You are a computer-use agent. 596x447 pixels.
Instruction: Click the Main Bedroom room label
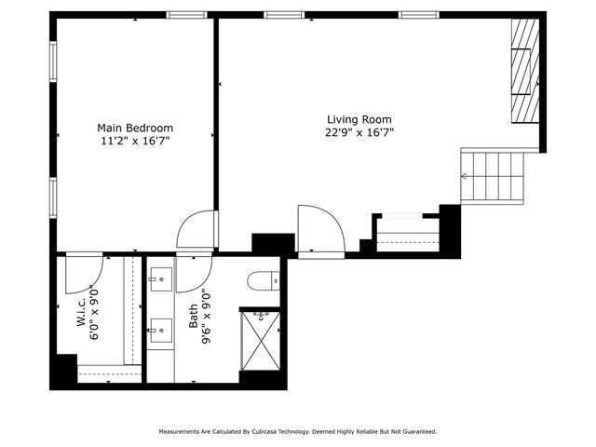136,128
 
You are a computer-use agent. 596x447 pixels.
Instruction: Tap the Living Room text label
359,119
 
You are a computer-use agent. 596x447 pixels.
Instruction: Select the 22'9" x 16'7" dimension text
359,132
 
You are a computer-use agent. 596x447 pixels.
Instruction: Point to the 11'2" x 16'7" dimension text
136,141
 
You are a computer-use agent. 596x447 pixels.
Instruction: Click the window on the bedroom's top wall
186,15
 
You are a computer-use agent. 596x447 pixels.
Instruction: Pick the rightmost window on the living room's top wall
420,15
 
